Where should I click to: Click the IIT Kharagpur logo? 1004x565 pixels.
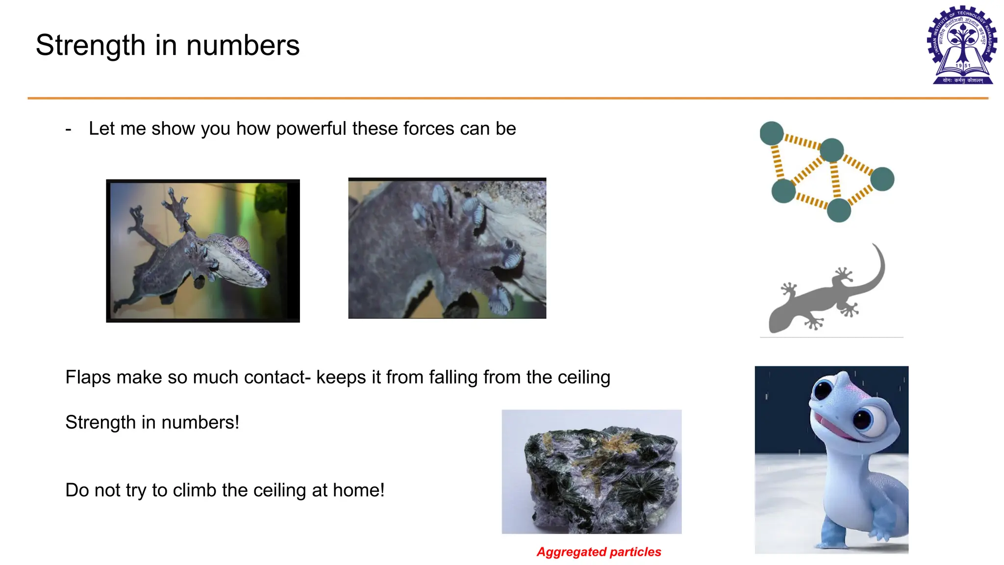pos(962,45)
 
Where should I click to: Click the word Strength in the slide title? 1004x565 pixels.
pos(90,46)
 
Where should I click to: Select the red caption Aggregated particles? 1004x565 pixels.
pos(599,552)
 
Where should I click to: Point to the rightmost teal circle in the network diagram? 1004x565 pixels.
pos(882,179)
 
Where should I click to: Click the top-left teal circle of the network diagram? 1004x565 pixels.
pos(772,133)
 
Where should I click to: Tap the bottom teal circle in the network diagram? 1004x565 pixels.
pos(839,210)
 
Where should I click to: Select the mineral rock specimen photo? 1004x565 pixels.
pos(591,472)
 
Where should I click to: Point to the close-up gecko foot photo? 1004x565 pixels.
pos(447,248)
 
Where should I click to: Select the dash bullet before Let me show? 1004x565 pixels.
pos(68,129)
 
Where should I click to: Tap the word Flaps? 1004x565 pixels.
pos(88,378)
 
